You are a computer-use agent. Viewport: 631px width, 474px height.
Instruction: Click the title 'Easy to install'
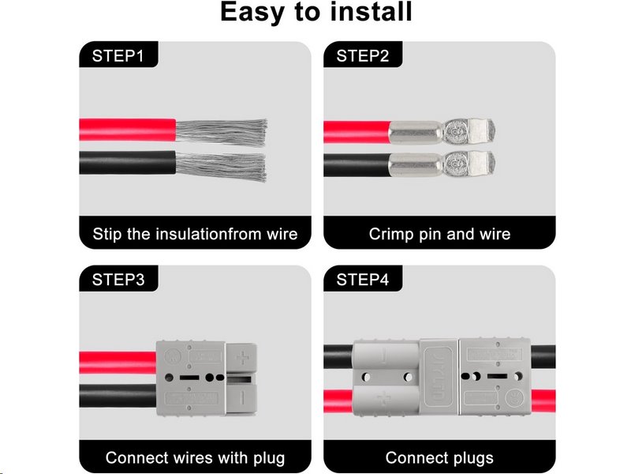click(x=315, y=13)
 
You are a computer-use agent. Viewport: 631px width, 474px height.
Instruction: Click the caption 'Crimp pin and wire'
click(x=439, y=234)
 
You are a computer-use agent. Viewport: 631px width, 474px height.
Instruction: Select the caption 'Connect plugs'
click(x=439, y=457)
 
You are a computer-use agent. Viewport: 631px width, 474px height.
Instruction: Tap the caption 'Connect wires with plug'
click(x=195, y=457)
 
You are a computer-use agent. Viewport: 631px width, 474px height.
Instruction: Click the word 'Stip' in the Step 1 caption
click(x=107, y=234)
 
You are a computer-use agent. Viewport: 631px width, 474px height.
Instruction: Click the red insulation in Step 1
click(x=126, y=130)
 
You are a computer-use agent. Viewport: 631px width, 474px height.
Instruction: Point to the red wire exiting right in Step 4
click(x=545, y=395)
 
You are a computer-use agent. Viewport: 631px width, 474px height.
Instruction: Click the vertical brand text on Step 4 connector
click(x=439, y=375)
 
